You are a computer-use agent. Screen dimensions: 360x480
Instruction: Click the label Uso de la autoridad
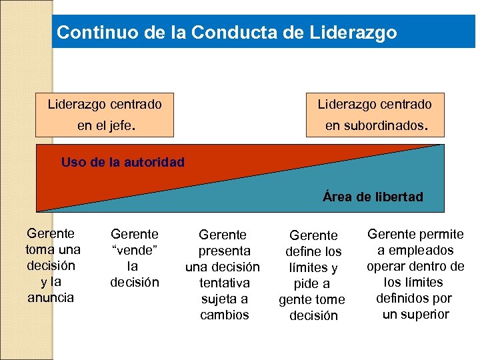click(x=123, y=161)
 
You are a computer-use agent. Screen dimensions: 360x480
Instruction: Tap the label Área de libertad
click(x=373, y=197)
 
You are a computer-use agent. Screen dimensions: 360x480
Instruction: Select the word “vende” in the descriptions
click(x=135, y=250)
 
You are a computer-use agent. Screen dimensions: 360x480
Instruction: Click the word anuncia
click(x=51, y=297)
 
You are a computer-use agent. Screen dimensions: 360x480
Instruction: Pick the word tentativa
click(x=224, y=283)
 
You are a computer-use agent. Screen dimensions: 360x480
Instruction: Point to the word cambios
click(x=224, y=315)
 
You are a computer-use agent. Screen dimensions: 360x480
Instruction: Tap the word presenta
click(x=224, y=251)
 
